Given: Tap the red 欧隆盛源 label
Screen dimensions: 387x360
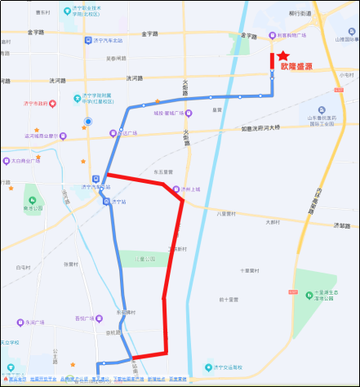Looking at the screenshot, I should [296, 67].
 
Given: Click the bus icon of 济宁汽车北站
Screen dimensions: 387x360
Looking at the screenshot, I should [88, 40].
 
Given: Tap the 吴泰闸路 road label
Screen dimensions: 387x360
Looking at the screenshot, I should [118, 59].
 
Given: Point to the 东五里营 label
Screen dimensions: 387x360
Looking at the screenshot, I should [163, 172].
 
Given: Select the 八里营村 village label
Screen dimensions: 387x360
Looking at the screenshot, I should [226, 214].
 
